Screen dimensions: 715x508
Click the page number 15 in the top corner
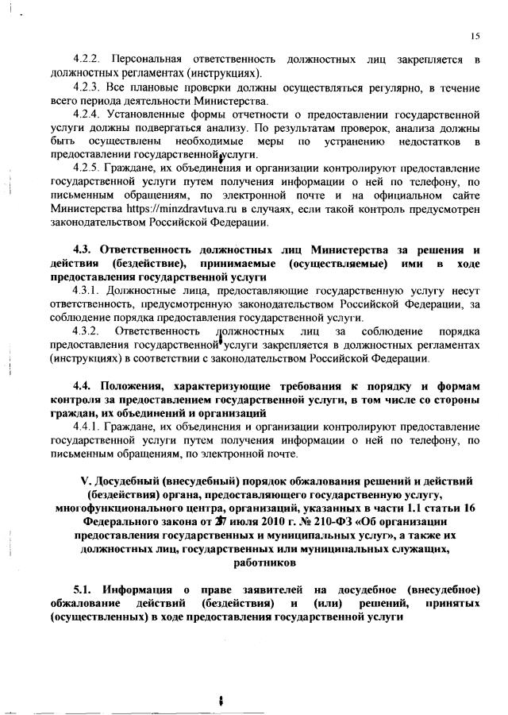(x=475, y=36)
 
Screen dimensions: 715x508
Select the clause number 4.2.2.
(x=86, y=60)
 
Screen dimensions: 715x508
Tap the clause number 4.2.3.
(x=86, y=87)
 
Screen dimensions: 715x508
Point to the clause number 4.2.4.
(x=86, y=114)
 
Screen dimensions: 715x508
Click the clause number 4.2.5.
(x=86, y=168)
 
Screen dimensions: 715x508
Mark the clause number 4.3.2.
(x=86, y=330)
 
